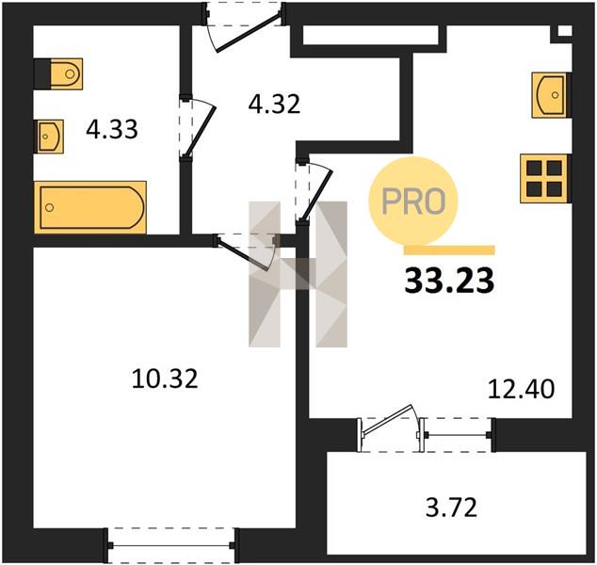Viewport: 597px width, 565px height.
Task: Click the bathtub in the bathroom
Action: point(90,207)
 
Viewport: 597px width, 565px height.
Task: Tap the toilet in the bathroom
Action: point(58,73)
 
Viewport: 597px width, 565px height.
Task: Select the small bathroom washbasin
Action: point(49,137)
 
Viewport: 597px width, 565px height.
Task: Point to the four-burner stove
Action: point(545,178)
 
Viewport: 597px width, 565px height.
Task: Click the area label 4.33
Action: point(111,129)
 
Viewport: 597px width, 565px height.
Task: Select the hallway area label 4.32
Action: point(274,104)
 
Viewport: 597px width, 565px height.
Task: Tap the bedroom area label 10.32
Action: point(165,379)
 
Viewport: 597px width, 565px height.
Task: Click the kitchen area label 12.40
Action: point(521,390)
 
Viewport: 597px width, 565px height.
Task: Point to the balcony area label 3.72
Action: point(451,508)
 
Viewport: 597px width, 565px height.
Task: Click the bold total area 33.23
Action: point(449,281)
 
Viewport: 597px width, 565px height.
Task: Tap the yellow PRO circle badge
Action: point(413,201)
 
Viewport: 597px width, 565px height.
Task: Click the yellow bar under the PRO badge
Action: point(449,250)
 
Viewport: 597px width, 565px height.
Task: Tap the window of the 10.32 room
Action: point(171,545)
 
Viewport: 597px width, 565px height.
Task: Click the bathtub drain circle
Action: point(49,207)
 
